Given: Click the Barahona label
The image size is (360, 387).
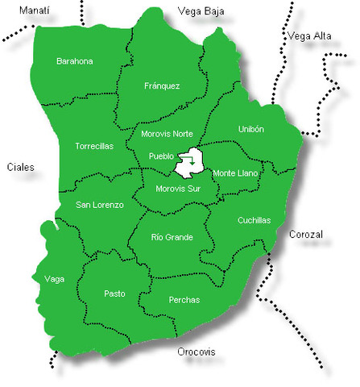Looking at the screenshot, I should [75, 61].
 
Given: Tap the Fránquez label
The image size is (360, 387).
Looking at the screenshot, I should [162, 85].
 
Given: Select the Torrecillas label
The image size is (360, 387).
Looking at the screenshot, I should [94, 146].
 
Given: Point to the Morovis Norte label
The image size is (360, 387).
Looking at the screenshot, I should [167, 133].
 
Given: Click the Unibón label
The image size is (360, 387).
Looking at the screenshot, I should [251, 129].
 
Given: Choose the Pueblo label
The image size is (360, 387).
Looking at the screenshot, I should [163, 156].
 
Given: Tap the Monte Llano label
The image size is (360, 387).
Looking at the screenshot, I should [235, 173].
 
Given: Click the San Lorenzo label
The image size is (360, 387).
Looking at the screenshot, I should [100, 205].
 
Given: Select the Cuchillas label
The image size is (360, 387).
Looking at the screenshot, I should [254, 220].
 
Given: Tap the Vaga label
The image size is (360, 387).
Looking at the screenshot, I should [55, 279].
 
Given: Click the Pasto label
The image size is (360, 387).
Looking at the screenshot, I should [114, 293].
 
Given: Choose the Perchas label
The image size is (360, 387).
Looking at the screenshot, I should [184, 300].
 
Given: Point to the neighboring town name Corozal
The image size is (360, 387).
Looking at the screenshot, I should [305, 235].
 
